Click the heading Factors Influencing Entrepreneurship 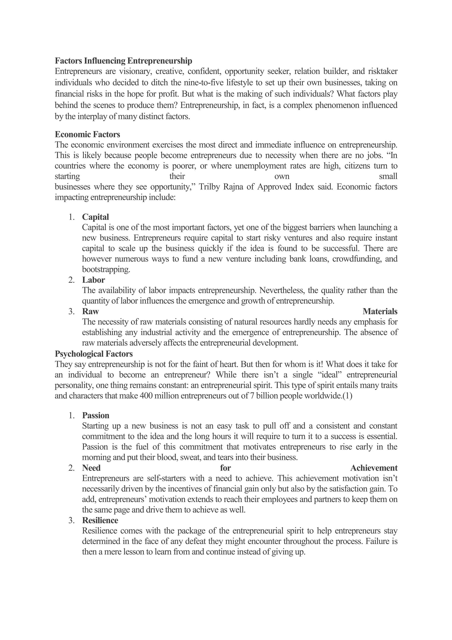(x=123, y=61)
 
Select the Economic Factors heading (x=87, y=134)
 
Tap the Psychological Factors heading (x=94, y=354)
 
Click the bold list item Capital (x=96, y=217)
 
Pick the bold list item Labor (x=94, y=280)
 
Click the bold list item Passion (x=96, y=416)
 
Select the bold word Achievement (x=374, y=468)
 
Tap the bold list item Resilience (x=100, y=520)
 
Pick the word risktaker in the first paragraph (x=383, y=72)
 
